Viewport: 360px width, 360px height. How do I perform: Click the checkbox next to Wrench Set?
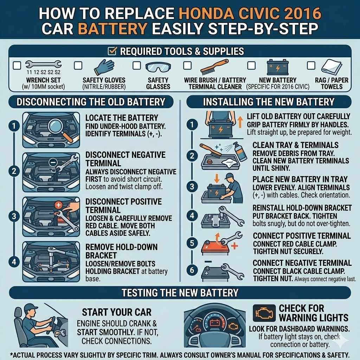(x=17, y=65)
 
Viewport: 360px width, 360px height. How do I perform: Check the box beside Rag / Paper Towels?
(x=311, y=65)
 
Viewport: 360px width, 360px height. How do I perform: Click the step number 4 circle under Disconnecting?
(x=13, y=261)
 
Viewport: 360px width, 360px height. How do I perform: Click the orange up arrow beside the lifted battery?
(x=240, y=122)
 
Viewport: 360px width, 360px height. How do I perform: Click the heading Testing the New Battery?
(x=180, y=292)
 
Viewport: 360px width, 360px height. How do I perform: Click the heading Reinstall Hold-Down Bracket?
(x=302, y=208)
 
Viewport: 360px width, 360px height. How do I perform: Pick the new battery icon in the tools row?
(x=277, y=67)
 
